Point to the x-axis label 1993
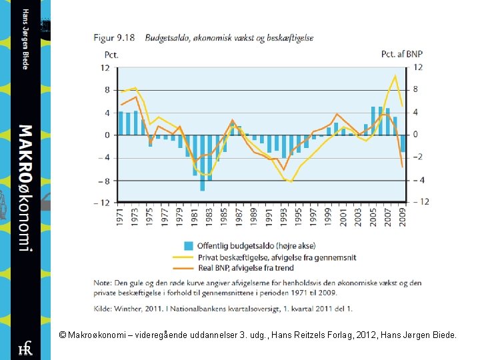click(284, 217)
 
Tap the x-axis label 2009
click(403, 217)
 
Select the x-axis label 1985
click(225, 217)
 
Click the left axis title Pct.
click(111, 54)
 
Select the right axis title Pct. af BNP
click(401, 54)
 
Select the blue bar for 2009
click(403, 143)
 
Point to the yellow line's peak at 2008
click(395, 75)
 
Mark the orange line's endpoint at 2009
click(403, 167)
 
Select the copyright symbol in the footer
click(62, 336)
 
